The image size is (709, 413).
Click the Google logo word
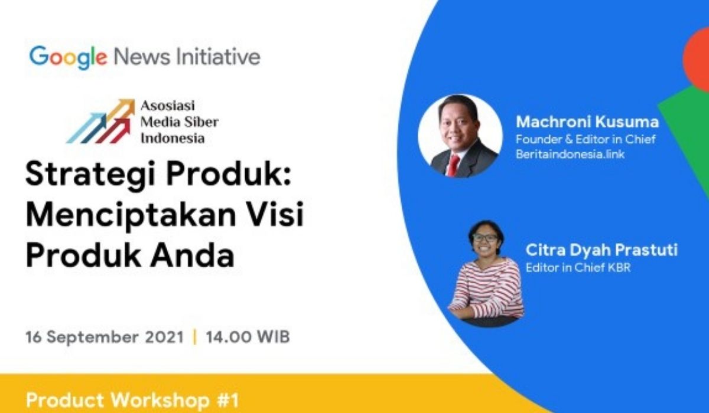(68, 57)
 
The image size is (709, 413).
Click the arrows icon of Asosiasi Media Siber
(100, 122)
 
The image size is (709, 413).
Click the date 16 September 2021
(105, 337)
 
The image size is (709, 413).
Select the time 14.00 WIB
(248, 336)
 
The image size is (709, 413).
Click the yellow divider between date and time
(194, 337)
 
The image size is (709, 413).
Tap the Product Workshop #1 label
(132, 400)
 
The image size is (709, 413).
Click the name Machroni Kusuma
(587, 122)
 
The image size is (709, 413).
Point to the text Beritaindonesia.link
(570, 154)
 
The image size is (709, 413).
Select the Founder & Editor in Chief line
(586, 139)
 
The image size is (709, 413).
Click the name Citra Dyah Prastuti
(601, 250)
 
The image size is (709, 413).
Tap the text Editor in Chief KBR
(578, 268)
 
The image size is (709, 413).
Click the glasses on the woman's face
(484, 238)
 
